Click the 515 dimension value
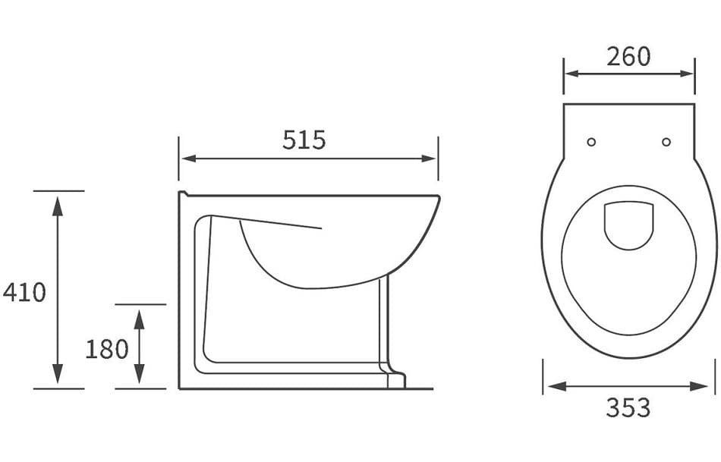pyautogui.click(x=304, y=140)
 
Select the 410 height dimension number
pyautogui.click(x=24, y=292)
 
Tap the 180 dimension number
pyautogui.click(x=107, y=349)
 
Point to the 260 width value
pyautogui.click(x=628, y=56)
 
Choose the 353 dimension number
pyautogui.click(x=628, y=408)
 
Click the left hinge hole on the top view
pyautogui.click(x=592, y=142)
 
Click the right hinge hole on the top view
pyautogui.click(x=666, y=142)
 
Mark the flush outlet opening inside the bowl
pyautogui.click(x=628, y=225)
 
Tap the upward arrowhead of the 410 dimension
pyautogui.click(x=58, y=200)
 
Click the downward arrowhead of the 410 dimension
pyautogui.click(x=58, y=379)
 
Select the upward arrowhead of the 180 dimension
pyautogui.click(x=139, y=314)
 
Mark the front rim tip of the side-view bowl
pyautogui.click(x=439, y=200)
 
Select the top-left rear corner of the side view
pyautogui.click(x=181, y=193)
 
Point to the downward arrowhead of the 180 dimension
pyautogui.click(x=139, y=379)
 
